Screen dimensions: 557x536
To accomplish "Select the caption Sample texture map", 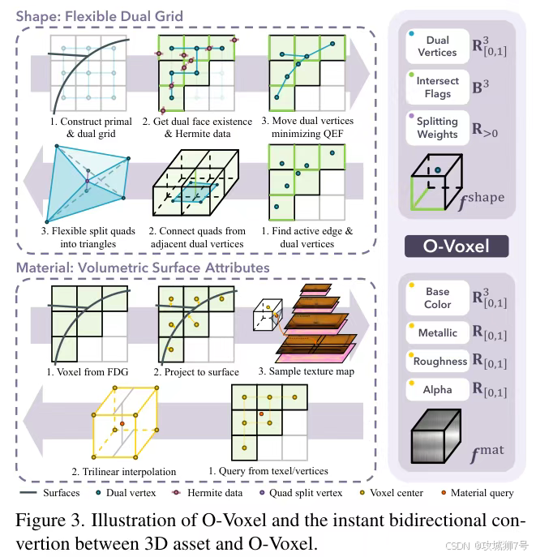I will click(305, 371).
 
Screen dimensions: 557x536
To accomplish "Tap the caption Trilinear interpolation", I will click(123, 471).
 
